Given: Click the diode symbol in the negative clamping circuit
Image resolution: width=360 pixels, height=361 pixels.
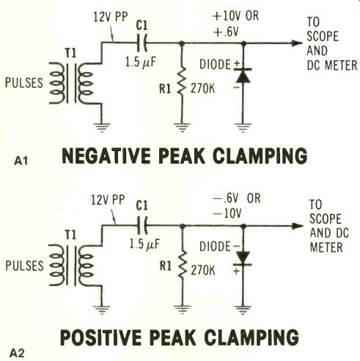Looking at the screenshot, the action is (243, 76).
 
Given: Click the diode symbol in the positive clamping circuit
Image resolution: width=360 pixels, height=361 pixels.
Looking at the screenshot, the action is (243, 258).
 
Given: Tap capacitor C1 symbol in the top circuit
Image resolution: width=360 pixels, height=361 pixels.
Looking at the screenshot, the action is (142, 43).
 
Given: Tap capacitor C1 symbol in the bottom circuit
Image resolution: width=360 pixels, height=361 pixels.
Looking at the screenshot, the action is (142, 225).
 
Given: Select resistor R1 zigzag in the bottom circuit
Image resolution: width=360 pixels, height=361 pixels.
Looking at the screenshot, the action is (182, 263).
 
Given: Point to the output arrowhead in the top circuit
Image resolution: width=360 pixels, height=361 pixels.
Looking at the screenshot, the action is (297, 43).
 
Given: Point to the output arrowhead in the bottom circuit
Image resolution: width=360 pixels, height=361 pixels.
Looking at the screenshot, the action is (297, 226).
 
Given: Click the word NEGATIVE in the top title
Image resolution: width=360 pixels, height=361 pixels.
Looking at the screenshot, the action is (106, 156).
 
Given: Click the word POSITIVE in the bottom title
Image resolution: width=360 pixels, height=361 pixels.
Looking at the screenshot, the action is (102, 338).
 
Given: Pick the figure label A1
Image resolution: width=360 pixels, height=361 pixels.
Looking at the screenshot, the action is (21, 161).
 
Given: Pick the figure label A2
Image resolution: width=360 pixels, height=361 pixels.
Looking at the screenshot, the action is (17, 354).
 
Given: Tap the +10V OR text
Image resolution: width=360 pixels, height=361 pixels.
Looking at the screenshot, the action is (235, 16).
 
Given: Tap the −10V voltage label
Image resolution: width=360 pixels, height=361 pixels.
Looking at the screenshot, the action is (227, 214).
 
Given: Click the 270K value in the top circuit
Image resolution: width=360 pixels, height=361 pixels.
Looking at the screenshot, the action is (203, 88).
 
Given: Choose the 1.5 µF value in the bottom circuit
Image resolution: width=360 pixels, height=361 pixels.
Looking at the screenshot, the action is (144, 244).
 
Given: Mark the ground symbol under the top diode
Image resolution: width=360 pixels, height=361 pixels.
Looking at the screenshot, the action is (243, 127).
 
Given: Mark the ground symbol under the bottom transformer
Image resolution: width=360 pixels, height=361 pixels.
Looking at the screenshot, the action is (102, 310).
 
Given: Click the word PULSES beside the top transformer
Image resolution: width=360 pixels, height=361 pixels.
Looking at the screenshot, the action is (24, 83).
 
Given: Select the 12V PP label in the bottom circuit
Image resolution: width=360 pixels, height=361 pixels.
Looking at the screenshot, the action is (108, 200).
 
